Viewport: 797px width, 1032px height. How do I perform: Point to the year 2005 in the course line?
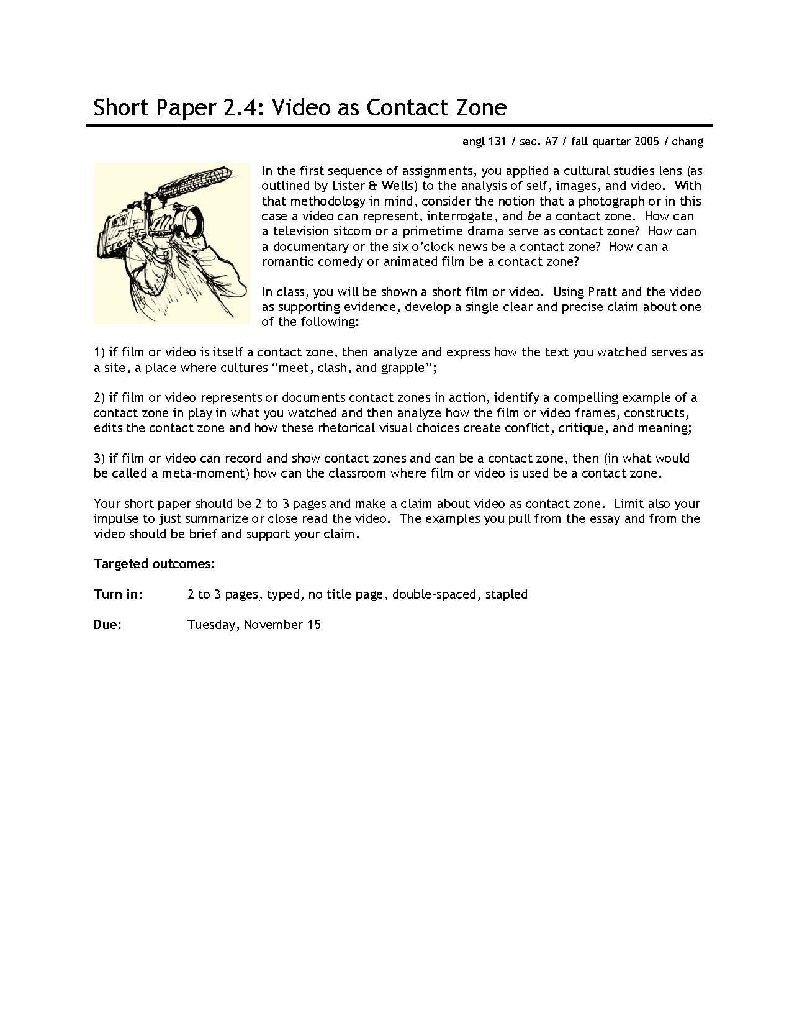(646, 142)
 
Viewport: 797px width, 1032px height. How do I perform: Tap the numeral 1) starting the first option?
(100, 352)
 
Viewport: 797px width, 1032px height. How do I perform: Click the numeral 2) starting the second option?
(100, 397)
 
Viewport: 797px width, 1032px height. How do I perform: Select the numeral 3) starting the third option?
(100, 458)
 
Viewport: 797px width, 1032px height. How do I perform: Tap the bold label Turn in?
(118, 594)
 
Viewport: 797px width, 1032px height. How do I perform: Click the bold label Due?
(107, 625)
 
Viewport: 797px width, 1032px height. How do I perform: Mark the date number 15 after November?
(313, 625)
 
